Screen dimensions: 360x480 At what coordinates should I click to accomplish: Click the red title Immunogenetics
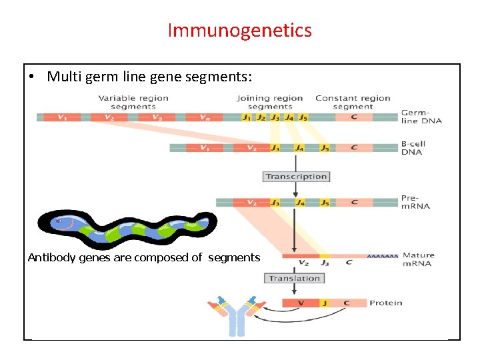[239, 31]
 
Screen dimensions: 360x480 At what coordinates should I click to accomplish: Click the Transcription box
[296, 177]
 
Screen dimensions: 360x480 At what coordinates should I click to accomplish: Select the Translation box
[294, 278]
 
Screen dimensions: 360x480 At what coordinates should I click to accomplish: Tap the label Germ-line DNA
[421, 117]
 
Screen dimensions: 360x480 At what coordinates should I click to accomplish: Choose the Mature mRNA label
[418, 259]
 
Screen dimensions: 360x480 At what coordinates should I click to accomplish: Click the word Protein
[386, 303]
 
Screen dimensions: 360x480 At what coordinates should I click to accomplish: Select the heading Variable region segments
[133, 102]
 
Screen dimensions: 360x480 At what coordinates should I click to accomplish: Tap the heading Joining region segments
[269, 102]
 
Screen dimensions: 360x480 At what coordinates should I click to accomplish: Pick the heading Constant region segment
[353, 102]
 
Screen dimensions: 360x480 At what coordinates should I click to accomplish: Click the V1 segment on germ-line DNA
[61, 117]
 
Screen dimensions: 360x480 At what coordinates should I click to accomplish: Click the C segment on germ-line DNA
[353, 117]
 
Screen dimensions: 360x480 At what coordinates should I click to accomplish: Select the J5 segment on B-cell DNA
[324, 148]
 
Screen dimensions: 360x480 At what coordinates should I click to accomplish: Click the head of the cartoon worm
[62, 222]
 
